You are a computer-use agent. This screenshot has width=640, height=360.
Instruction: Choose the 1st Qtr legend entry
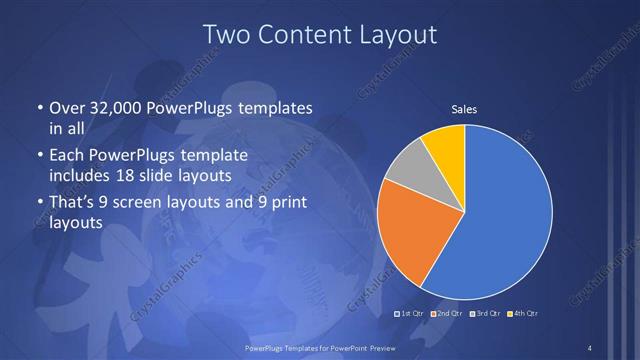412,314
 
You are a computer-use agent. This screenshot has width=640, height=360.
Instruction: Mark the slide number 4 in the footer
590,347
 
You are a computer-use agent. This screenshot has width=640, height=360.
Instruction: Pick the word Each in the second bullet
66,156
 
